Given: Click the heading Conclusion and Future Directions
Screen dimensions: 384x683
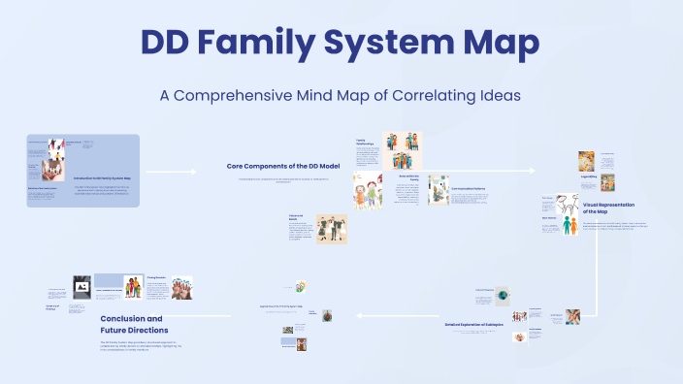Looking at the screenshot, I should [131, 324].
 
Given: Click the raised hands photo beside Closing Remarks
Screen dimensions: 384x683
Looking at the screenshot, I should [180, 286].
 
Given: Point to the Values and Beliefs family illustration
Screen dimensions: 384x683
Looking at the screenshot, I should [331, 229].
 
